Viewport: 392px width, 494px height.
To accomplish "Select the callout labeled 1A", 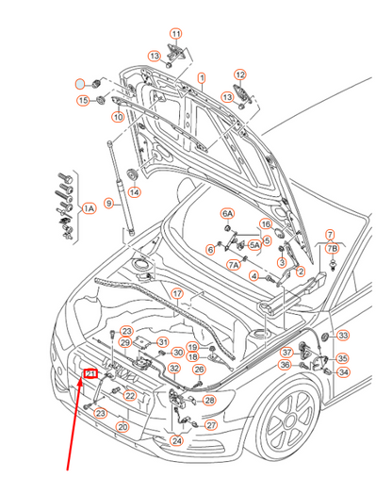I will pyautogui.click(x=90, y=207).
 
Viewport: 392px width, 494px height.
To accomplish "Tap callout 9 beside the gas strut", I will pyautogui.click(x=109, y=203).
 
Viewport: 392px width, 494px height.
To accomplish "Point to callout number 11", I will pyautogui.click(x=176, y=34).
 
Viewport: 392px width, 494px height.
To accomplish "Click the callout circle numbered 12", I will pyautogui.click(x=240, y=75).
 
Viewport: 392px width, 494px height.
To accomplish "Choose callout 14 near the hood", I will pyautogui.click(x=135, y=192).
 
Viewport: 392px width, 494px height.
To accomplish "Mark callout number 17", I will pyautogui.click(x=177, y=293).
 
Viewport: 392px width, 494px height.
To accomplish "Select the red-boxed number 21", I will pyautogui.click(x=91, y=374).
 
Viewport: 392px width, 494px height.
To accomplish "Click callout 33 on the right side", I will pyautogui.click(x=343, y=335).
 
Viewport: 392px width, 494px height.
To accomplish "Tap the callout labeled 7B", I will pyautogui.click(x=332, y=247).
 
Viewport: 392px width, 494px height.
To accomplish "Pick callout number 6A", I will pyautogui.click(x=227, y=214).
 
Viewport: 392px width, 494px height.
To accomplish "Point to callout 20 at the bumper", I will pyautogui.click(x=122, y=426).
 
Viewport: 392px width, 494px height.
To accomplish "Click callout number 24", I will pyautogui.click(x=176, y=440).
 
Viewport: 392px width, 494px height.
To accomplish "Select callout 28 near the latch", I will pyautogui.click(x=210, y=401).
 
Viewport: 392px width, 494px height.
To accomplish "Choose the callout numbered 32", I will pyautogui.click(x=174, y=367).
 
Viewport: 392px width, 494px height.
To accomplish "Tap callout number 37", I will pyautogui.click(x=286, y=353).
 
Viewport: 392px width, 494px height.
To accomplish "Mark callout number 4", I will pyautogui.click(x=253, y=275).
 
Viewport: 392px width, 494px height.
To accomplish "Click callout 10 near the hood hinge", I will pyautogui.click(x=117, y=117).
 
